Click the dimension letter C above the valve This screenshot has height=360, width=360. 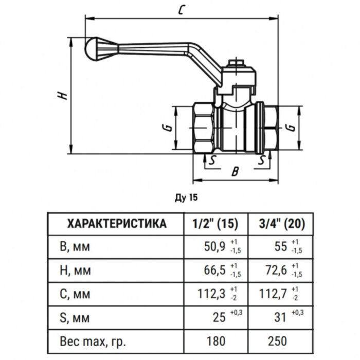click(x=181, y=10)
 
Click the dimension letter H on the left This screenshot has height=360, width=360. click(x=61, y=96)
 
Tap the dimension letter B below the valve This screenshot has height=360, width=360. click(x=235, y=171)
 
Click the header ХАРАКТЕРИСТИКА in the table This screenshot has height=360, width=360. click(x=117, y=223)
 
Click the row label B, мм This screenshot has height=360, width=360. click(x=75, y=247)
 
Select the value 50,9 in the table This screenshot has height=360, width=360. click(x=215, y=247)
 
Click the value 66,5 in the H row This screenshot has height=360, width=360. click(x=215, y=270)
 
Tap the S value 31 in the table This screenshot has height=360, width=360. click(x=281, y=317)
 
